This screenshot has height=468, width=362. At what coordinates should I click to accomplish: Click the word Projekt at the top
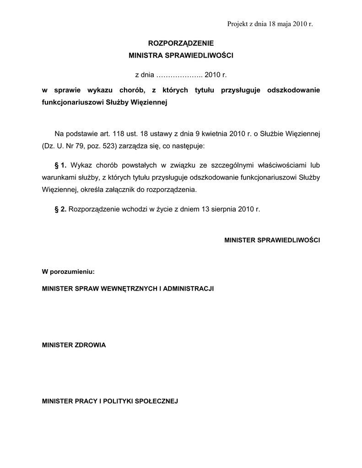coord(237,24)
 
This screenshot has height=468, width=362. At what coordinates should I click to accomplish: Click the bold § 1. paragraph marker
coord(60,165)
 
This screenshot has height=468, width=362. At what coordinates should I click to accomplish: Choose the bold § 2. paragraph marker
coord(60,209)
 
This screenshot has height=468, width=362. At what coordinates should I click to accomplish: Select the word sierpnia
coord(218,209)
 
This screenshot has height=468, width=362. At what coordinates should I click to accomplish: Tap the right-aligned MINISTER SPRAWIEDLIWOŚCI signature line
coord(272,240)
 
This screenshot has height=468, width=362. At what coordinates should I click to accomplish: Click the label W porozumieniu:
coord(68,271)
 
